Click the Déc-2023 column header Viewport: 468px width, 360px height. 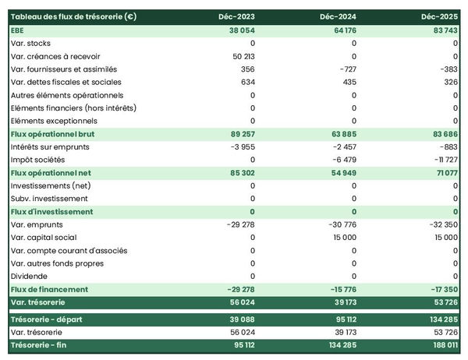point(236,16)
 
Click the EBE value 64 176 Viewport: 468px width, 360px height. point(340,30)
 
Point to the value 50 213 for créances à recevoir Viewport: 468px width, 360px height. point(243,56)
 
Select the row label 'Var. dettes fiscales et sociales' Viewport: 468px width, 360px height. point(66,82)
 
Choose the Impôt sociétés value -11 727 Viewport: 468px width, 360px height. point(442,160)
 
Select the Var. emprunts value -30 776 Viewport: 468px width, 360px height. point(339,224)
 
